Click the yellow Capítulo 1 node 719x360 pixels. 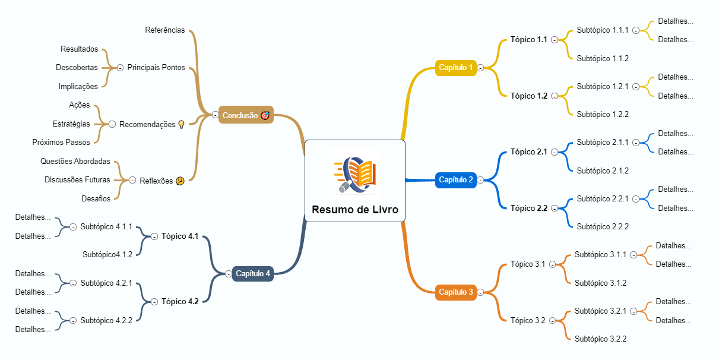click(456, 68)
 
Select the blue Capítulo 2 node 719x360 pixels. click(456, 179)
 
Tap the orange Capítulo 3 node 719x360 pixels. click(456, 292)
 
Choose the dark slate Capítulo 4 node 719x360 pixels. click(253, 274)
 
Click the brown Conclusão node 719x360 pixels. click(245, 115)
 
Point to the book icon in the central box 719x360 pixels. click(355, 175)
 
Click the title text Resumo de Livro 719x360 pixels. click(355, 210)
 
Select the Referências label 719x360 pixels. click(165, 30)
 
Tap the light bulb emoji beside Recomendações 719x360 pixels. click(182, 125)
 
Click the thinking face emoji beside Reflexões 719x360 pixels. click(180, 181)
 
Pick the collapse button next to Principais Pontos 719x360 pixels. click(121, 68)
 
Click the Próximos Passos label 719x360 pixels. click(61, 143)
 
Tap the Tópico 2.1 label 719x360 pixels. click(528, 152)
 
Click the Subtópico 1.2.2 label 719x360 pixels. click(602, 114)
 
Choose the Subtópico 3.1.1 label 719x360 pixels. click(600, 255)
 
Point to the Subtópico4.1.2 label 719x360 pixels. click(107, 255)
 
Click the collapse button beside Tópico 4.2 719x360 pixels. click(154, 302)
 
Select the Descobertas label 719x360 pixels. click(77, 68)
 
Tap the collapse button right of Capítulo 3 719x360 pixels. click(480, 292)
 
